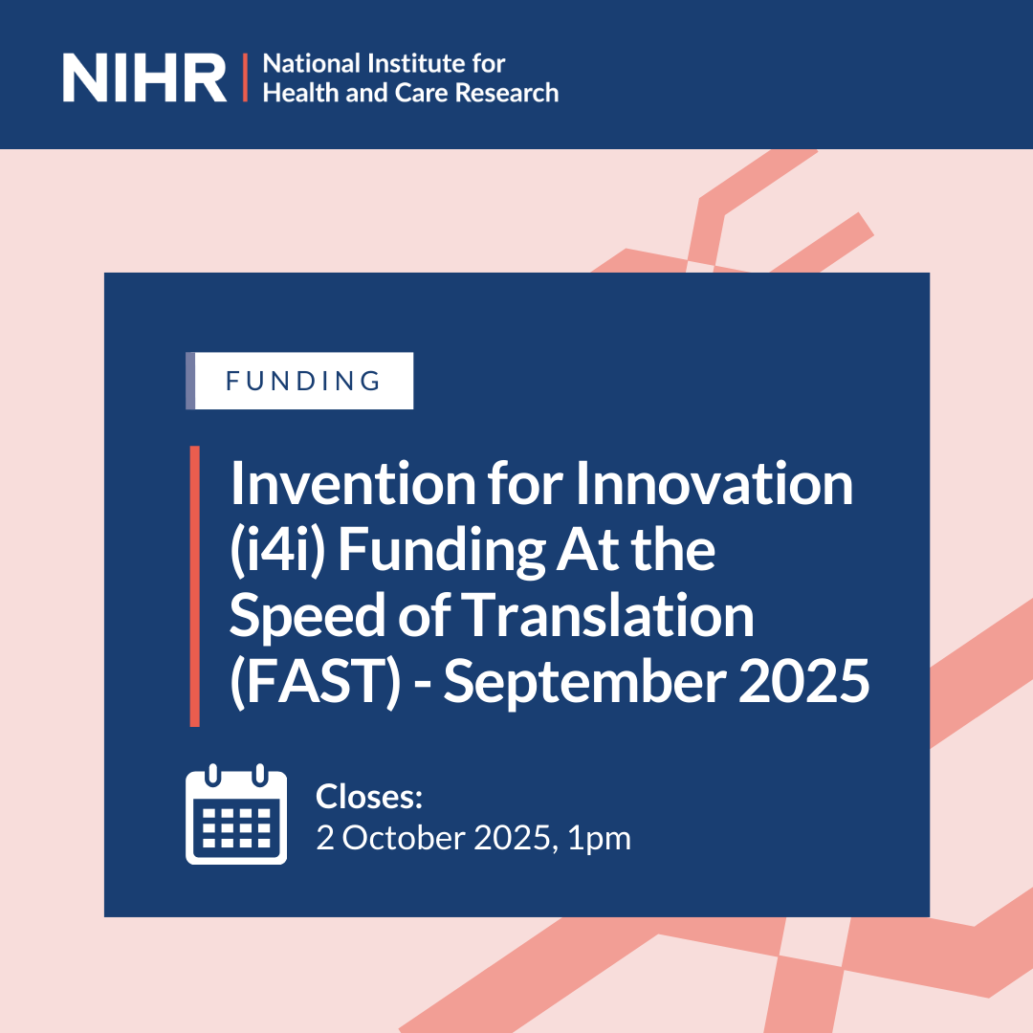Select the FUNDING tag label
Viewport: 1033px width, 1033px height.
coord(303,381)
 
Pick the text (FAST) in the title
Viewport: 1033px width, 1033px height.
coord(314,684)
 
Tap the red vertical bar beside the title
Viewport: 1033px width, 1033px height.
coord(194,585)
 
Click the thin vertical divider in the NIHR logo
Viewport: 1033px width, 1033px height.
coord(246,78)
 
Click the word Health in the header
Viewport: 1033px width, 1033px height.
coord(294,93)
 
